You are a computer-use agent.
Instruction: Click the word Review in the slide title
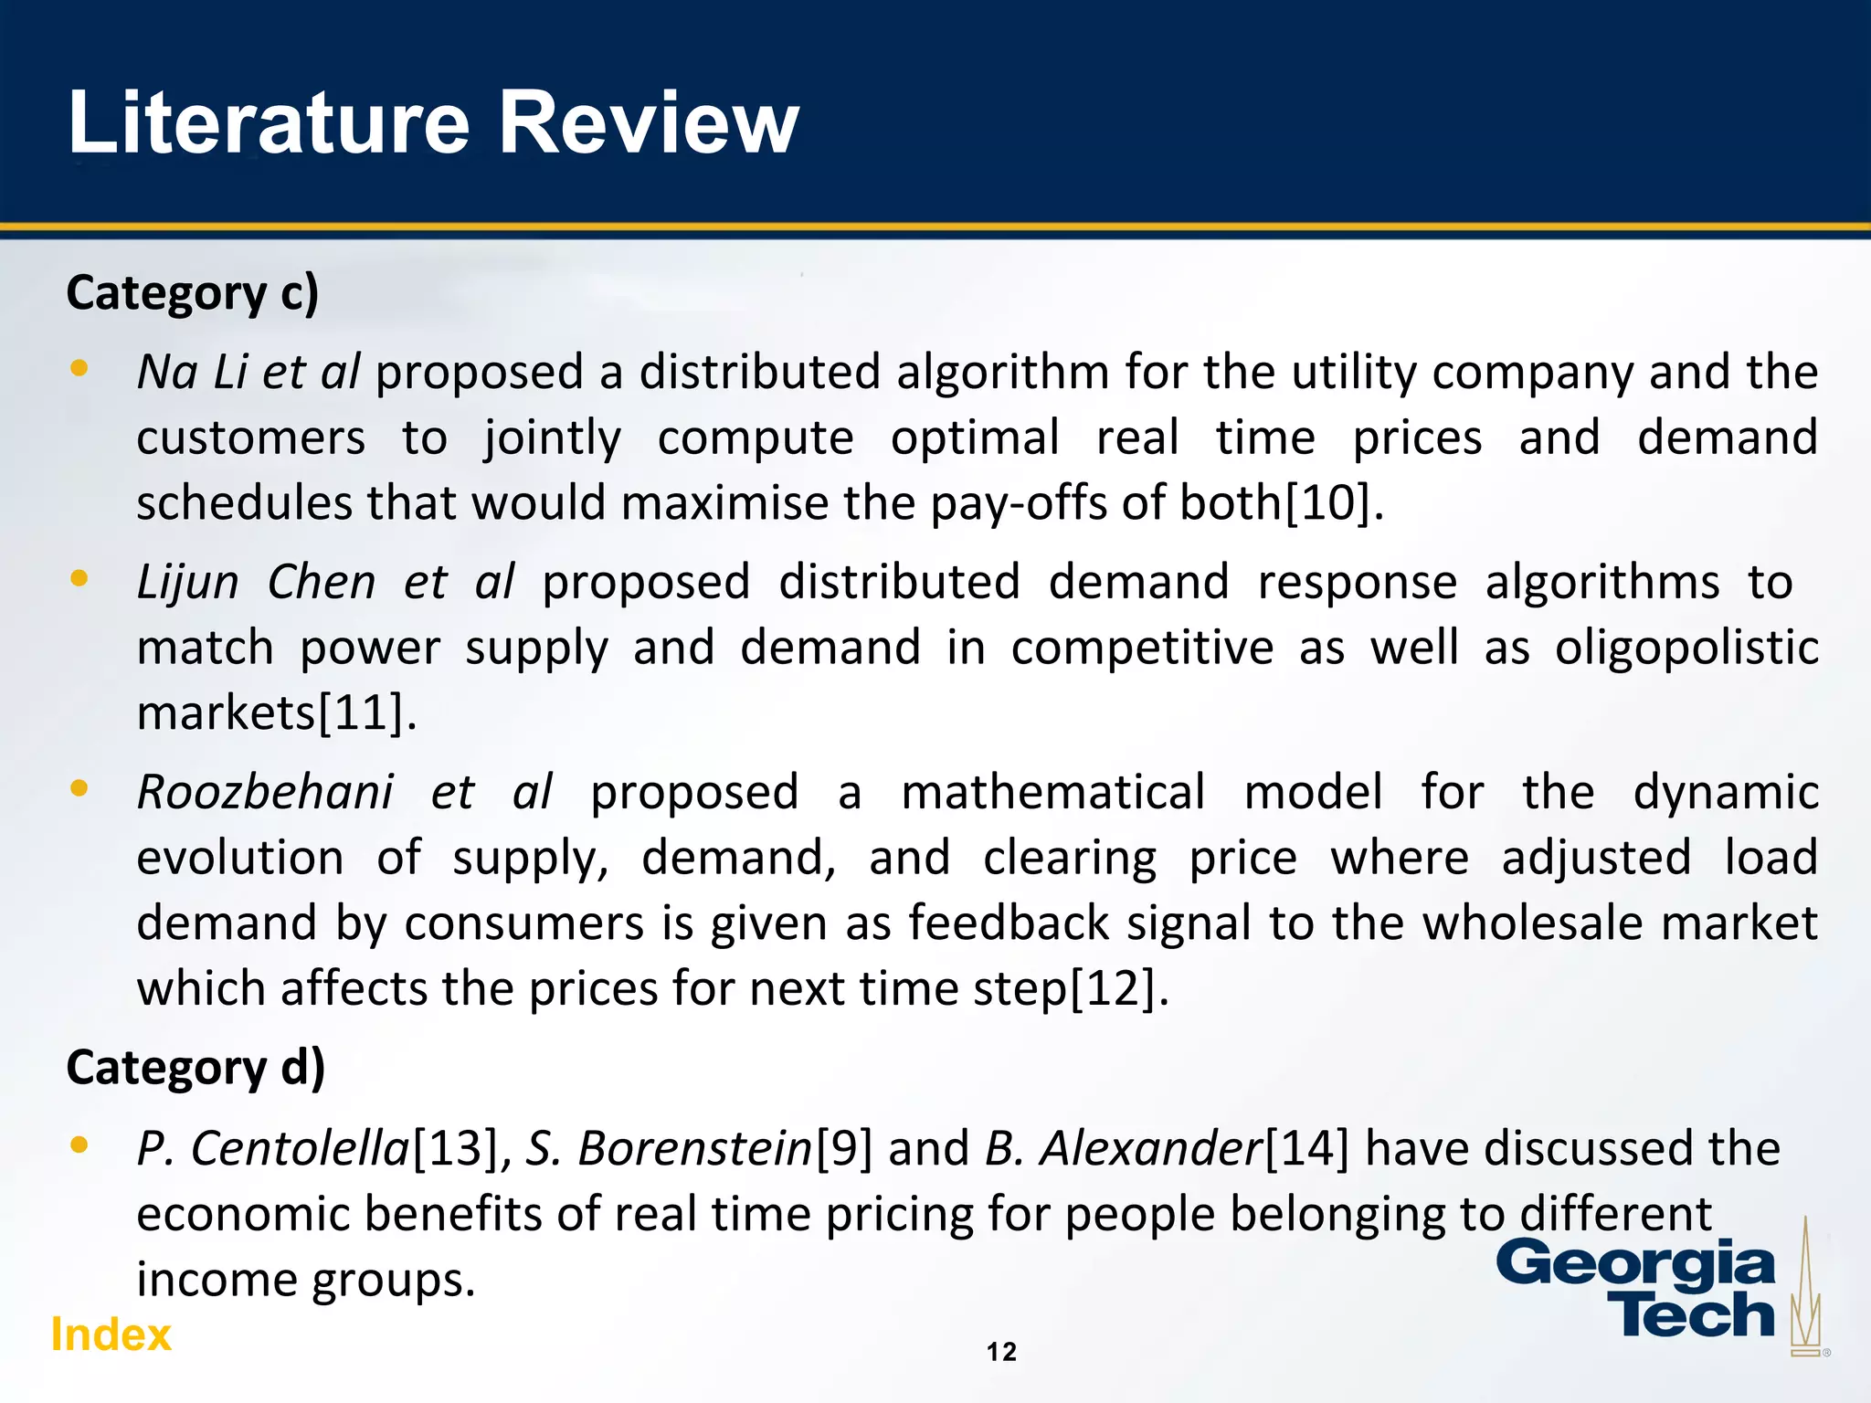click(x=649, y=123)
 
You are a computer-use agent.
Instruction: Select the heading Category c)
click(x=193, y=294)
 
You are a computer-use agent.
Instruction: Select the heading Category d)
click(x=196, y=1068)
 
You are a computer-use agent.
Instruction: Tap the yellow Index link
click(x=111, y=1334)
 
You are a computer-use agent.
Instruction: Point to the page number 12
click(x=1001, y=1352)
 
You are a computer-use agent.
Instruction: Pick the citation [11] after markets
click(x=361, y=712)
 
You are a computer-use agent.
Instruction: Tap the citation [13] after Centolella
click(x=456, y=1149)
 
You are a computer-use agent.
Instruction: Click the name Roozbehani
click(x=265, y=792)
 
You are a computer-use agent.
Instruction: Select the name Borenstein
click(x=694, y=1149)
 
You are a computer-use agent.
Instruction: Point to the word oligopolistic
click(x=1686, y=648)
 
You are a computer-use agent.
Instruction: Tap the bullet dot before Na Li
click(x=79, y=369)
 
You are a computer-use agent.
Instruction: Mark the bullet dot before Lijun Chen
click(x=79, y=578)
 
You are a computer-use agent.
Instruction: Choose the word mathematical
click(x=1052, y=792)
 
